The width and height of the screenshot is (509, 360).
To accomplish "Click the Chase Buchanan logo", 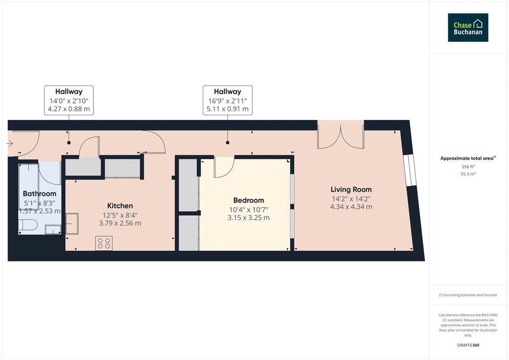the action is [468, 27].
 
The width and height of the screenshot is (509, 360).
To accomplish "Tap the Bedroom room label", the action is [249, 200].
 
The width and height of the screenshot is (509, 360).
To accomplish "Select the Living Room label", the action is [351, 189].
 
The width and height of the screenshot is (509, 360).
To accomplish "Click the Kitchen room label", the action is [120, 206].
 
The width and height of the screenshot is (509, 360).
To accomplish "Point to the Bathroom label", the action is [40, 194].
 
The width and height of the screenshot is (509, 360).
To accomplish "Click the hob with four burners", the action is [104, 243].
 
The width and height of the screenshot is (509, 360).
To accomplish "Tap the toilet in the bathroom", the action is [28, 225].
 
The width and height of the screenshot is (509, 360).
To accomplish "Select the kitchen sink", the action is [72, 223].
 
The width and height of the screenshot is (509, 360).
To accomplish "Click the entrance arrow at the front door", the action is [9, 144].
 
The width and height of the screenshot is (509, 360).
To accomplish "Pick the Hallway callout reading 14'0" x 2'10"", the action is [69, 100].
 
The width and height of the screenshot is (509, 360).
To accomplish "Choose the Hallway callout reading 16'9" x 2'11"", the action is [228, 100].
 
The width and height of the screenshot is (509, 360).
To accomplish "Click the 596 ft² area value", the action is [468, 167].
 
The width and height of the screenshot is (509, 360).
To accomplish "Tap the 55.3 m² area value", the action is [468, 174].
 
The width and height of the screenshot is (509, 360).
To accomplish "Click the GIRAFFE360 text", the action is [468, 345].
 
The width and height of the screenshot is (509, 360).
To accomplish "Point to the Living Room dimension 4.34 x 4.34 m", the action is [351, 207].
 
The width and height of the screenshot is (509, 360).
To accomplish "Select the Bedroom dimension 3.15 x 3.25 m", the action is [249, 218].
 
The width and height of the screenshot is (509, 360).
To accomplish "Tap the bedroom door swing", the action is [224, 167].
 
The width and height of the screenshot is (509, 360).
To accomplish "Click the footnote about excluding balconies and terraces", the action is [468, 295].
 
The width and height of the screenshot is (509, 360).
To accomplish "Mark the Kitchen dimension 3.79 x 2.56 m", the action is [120, 223].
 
